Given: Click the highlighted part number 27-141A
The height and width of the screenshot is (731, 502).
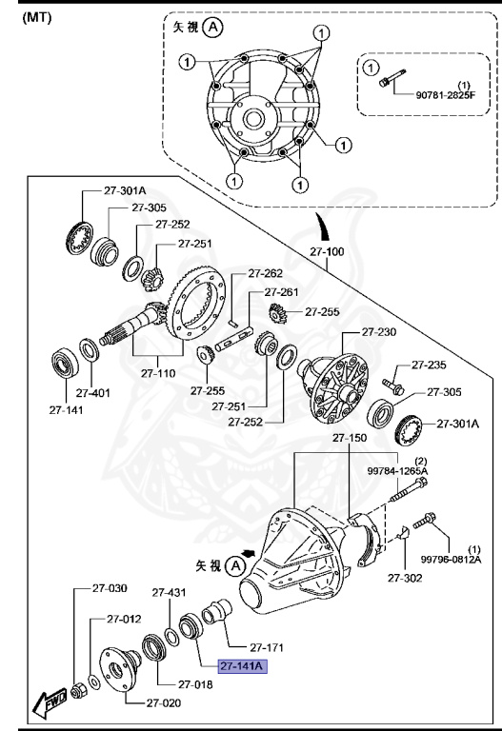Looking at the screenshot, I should pyautogui.click(x=241, y=666).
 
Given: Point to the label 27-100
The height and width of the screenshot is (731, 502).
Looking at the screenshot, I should pyautogui.click(x=329, y=251).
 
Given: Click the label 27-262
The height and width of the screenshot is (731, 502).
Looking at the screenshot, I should pyautogui.click(x=265, y=274).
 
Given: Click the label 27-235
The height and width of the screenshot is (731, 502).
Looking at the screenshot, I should pyautogui.click(x=430, y=364).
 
